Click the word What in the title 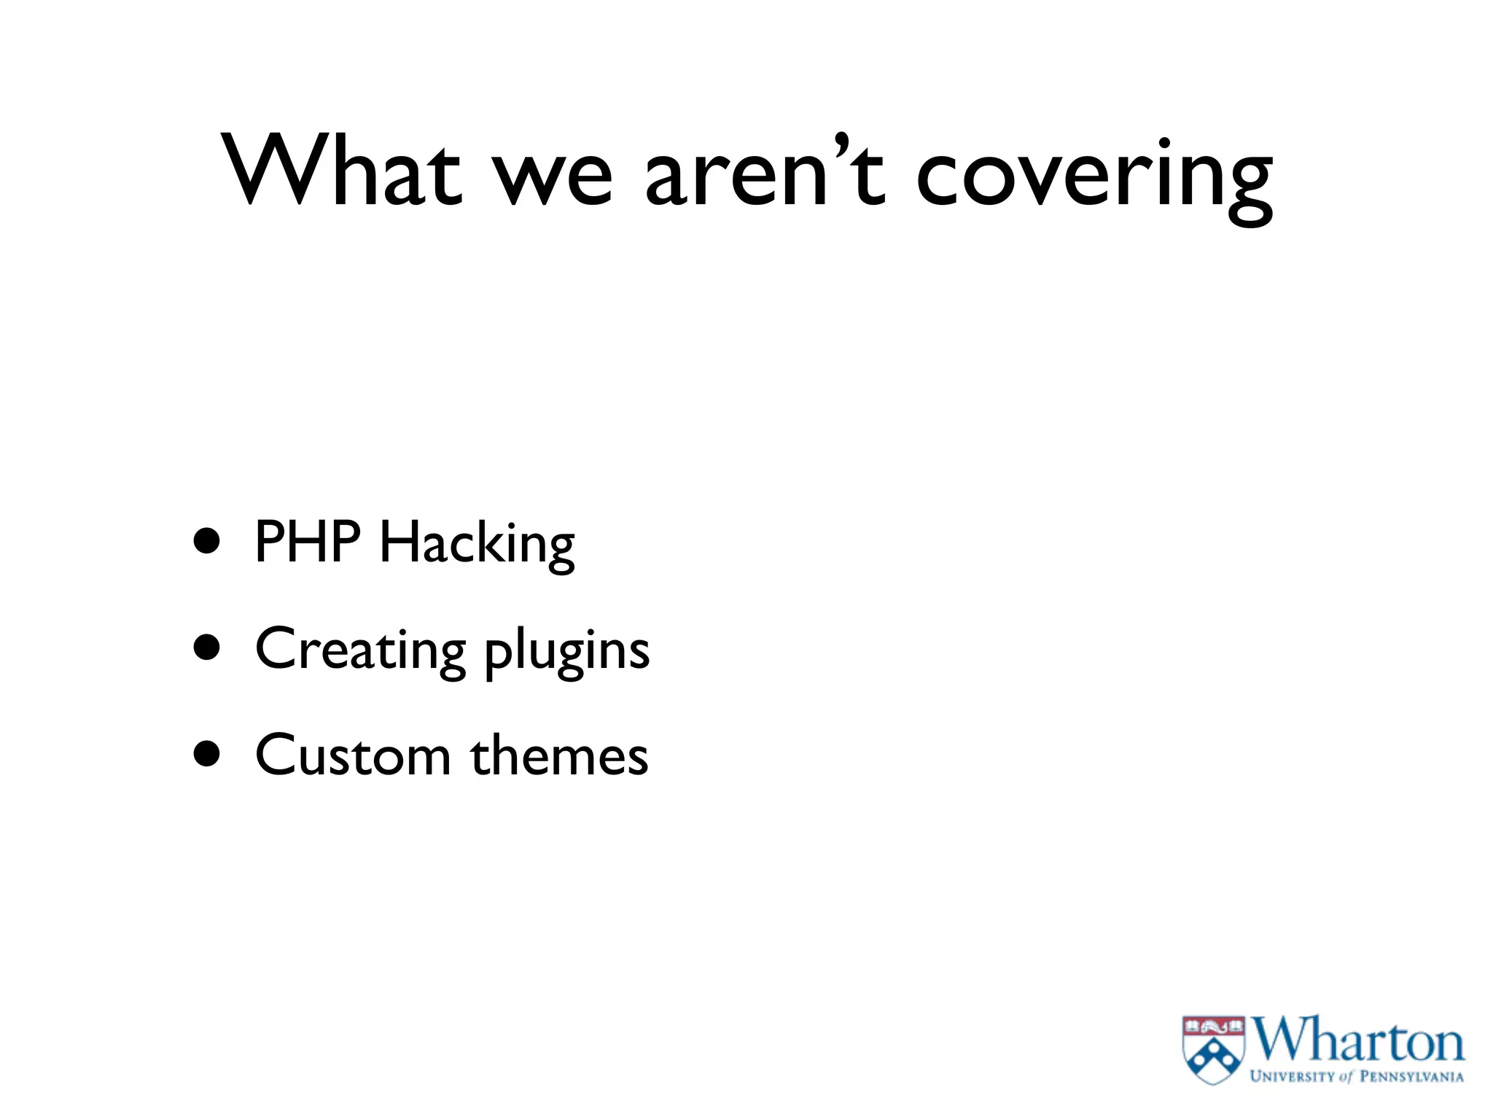point(341,171)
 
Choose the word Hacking point(477,545)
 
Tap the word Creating point(361,649)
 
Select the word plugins point(567,652)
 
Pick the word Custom point(354,755)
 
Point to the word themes point(559,755)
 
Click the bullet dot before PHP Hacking point(208,541)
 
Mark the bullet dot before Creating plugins point(208,647)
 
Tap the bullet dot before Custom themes point(208,754)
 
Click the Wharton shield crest point(1213,1050)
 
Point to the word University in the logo point(1293,1076)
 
